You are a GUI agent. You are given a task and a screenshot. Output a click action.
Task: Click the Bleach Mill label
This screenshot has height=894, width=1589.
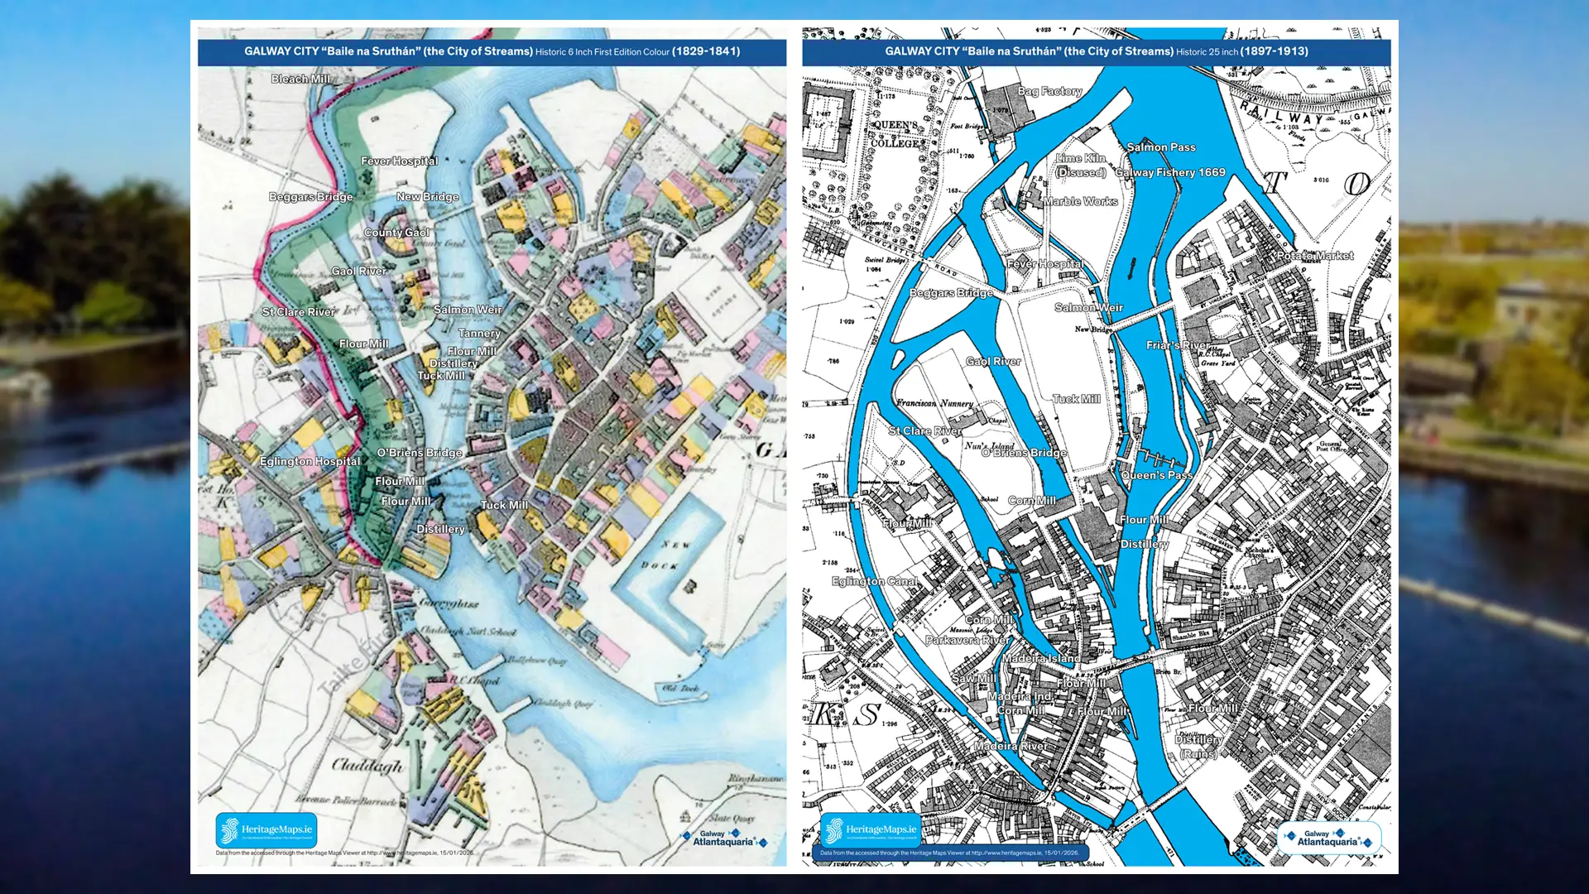click(x=300, y=79)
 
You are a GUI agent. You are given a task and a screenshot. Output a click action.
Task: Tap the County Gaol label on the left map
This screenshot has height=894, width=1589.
click(x=396, y=233)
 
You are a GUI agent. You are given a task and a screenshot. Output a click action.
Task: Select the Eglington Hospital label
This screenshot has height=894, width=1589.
click(x=310, y=461)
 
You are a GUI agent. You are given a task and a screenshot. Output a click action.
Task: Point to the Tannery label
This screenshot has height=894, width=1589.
click(x=479, y=333)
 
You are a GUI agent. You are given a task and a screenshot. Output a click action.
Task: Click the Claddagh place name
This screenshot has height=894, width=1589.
click(x=367, y=765)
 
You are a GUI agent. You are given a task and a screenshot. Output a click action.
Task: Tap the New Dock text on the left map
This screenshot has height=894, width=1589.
click(x=670, y=555)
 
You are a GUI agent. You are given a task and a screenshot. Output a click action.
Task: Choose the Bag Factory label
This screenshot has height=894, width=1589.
click(x=1049, y=91)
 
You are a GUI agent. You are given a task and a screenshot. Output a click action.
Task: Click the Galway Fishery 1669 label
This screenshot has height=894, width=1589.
click(x=1169, y=172)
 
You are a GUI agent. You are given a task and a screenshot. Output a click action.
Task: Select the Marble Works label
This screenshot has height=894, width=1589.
click(x=1080, y=201)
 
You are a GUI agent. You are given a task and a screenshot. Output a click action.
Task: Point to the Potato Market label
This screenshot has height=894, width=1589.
click(x=1314, y=256)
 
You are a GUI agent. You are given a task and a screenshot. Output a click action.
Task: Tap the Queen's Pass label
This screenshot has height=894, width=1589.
click(x=1156, y=475)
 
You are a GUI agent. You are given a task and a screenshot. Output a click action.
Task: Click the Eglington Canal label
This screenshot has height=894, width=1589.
click(x=875, y=581)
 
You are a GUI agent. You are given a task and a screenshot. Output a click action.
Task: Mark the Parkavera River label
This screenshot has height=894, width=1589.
click(x=967, y=640)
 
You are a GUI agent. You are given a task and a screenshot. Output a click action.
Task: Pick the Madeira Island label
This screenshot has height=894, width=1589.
click(x=1040, y=658)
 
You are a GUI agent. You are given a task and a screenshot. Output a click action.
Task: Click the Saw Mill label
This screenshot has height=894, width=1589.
click(x=974, y=678)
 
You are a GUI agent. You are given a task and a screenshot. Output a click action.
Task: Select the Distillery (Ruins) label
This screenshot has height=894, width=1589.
click(x=1198, y=746)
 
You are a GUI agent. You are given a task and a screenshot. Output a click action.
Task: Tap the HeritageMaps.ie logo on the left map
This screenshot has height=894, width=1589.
click(x=266, y=829)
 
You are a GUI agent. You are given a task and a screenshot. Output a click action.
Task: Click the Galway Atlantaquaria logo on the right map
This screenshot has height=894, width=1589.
click(x=1328, y=838)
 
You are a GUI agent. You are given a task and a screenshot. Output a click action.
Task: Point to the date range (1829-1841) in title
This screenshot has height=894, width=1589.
click(x=706, y=51)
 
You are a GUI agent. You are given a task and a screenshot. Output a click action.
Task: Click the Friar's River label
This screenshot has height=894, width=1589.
click(x=1178, y=345)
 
